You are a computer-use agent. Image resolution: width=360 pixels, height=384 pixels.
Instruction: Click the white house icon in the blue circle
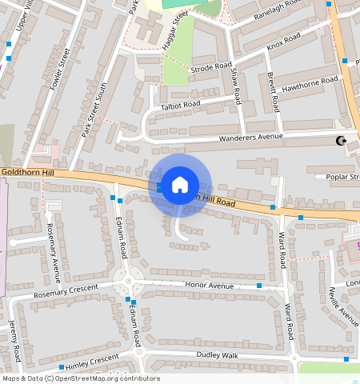click(180, 185)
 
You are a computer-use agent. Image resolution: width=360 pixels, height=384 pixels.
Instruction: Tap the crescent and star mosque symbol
click(342, 142)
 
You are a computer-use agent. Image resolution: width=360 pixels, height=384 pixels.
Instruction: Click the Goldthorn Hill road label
click(26, 171)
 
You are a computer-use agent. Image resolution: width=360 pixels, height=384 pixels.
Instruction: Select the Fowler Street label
click(58, 70)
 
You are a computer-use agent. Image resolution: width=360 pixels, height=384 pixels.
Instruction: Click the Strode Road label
click(211, 68)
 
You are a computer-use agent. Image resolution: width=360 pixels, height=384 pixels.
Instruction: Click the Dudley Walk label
click(218, 354)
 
